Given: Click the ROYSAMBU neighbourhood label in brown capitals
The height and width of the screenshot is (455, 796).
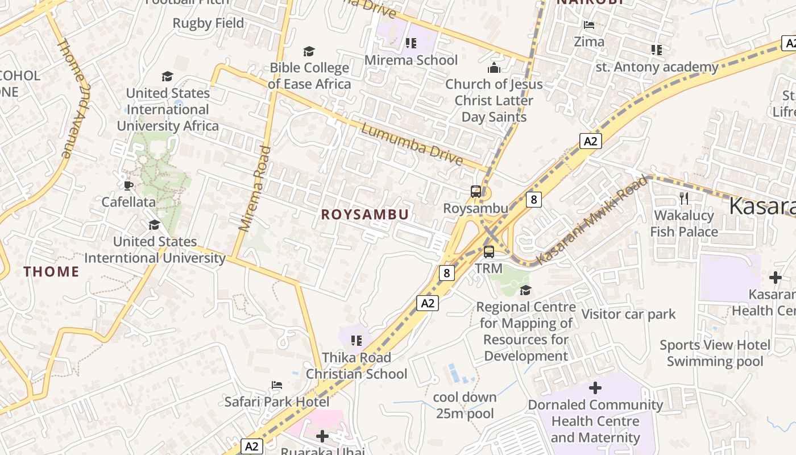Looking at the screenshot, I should click(x=365, y=214).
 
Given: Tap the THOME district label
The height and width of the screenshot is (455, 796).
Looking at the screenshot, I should click(x=51, y=272).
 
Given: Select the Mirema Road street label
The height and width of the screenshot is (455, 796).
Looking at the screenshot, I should click(x=255, y=189).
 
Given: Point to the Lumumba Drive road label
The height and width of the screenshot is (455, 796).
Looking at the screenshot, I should click(x=412, y=145).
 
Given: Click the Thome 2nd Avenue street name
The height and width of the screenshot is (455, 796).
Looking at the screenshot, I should click(x=74, y=98).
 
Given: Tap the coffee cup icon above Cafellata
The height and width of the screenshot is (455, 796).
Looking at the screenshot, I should click(x=128, y=185).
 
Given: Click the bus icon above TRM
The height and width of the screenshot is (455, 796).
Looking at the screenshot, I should click(x=489, y=251).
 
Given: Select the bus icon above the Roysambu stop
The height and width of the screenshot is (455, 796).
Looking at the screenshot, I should click(x=476, y=192).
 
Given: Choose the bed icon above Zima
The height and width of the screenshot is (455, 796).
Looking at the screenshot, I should click(x=589, y=25).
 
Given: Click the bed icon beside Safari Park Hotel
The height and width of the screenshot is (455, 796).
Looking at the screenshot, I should click(x=277, y=385).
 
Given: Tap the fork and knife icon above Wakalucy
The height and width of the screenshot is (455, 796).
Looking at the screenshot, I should click(x=684, y=198).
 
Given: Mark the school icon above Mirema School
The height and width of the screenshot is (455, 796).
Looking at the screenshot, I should click(x=411, y=43).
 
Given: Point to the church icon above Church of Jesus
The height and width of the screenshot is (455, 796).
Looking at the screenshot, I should click(x=494, y=68).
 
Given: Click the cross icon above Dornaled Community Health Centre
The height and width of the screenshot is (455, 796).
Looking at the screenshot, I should click(x=595, y=388).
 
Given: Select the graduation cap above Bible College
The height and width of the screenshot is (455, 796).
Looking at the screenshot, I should click(x=309, y=52).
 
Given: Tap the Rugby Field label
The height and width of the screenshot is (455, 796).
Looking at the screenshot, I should click(x=208, y=23).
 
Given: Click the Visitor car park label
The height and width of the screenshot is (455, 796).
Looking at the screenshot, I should click(x=628, y=314).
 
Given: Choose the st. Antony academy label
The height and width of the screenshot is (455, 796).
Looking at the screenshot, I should click(x=657, y=67).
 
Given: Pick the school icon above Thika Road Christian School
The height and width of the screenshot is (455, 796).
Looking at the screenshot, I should click(x=356, y=341).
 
